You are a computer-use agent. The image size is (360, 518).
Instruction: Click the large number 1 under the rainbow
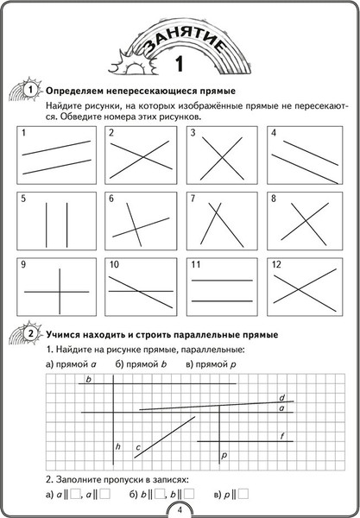[x=180, y=63]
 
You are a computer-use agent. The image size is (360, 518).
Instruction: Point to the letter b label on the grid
[x=88, y=381]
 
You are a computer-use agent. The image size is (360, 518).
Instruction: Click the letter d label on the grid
[x=281, y=398]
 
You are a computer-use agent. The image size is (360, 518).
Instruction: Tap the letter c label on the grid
[x=137, y=446]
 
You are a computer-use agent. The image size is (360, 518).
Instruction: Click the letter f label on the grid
[x=282, y=437]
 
